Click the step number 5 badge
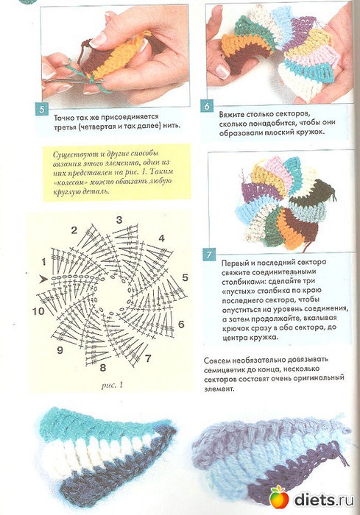41,109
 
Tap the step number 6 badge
206,107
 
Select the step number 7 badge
209,255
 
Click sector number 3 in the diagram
119,220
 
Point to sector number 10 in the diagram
38,310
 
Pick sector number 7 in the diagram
148,358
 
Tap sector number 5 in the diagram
185,277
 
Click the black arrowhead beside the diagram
43,280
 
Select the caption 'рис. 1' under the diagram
112,385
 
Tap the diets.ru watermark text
324,500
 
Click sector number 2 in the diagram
74,230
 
